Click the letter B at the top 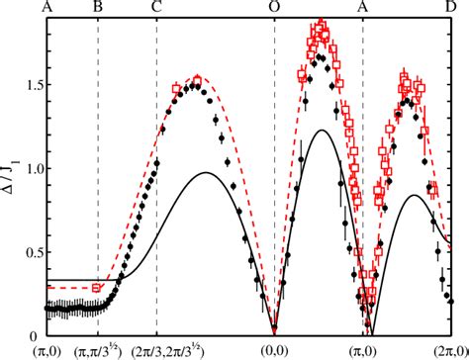click(x=96, y=8)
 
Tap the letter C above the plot click(x=157, y=8)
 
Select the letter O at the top click(x=274, y=8)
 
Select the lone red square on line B click(x=97, y=287)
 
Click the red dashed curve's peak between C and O click(x=195, y=77)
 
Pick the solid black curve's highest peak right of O click(x=320, y=131)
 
